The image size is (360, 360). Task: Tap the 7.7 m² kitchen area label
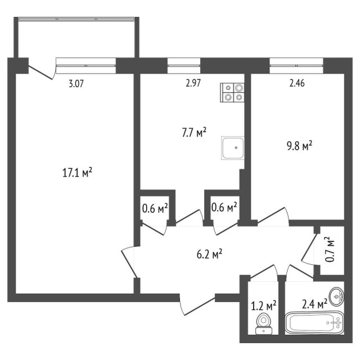click(192, 133)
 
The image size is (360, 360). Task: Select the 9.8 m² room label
click(299, 146)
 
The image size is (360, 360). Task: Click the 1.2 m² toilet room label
click(263, 306)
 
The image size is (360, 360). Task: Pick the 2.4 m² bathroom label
click(314, 304)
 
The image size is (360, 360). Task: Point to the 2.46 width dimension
click(298, 85)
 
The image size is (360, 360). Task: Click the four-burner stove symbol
click(233, 92)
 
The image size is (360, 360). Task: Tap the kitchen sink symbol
click(233, 148)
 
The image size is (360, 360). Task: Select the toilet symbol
click(263, 324)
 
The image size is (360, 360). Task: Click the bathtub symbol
click(315, 323)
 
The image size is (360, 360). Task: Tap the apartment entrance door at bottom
click(197, 304)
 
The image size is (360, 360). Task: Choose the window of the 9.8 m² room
click(296, 62)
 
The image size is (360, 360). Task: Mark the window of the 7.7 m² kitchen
click(184, 62)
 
